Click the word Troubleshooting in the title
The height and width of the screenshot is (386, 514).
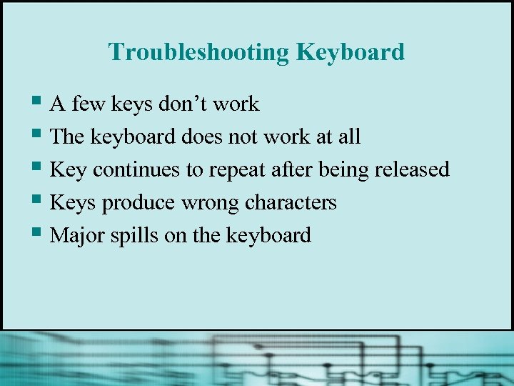click(x=198, y=52)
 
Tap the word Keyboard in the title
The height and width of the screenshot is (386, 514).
click(x=351, y=52)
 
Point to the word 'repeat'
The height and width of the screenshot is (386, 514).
click(x=237, y=170)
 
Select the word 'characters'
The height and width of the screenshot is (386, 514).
click(x=291, y=202)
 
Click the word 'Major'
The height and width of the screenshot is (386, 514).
click(x=79, y=235)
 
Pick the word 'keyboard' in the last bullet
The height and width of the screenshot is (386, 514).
click(x=268, y=235)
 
